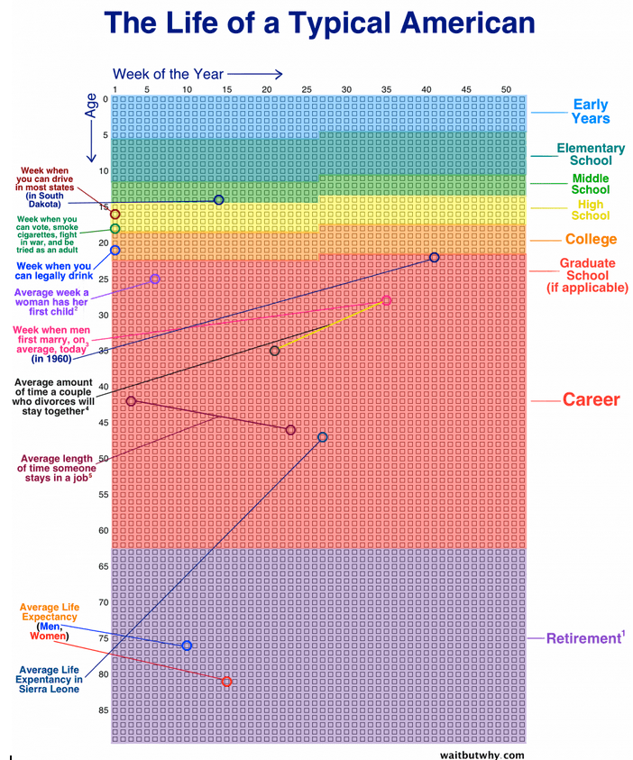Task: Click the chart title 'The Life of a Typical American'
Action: [x=319, y=23]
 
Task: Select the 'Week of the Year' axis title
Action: [x=168, y=73]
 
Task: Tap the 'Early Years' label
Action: [x=591, y=112]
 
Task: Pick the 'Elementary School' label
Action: [x=591, y=154]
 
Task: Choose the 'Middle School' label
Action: [x=591, y=184]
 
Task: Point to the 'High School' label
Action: [x=591, y=210]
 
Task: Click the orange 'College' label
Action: [x=591, y=239]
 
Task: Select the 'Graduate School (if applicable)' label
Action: [x=587, y=275]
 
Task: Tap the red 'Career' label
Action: [x=591, y=399]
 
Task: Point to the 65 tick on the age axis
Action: [x=104, y=566]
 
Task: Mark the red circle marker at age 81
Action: [x=226, y=682]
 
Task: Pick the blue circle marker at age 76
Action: [x=187, y=646]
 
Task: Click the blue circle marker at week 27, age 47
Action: [x=323, y=437]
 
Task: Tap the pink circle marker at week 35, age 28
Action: [x=386, y=300]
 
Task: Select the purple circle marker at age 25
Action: [x=154, y=279]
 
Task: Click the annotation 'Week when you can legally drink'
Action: [x=53, y=270]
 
